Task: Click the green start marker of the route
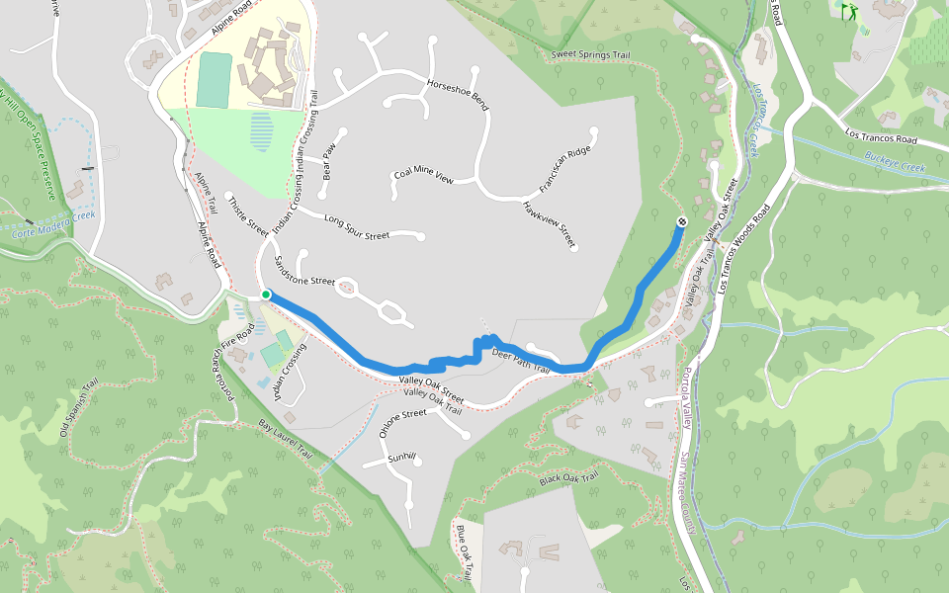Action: click(266, 295)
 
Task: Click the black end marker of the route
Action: click(681, 220)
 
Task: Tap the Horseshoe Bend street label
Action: click(457, 93)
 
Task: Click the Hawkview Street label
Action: click(549, 222)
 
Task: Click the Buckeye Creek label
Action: click(893, 161)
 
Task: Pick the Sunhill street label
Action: click(403, 458)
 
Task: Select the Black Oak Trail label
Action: click(569, 479)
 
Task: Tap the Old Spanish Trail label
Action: click(80, 408)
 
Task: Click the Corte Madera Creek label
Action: click(53, 227)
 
